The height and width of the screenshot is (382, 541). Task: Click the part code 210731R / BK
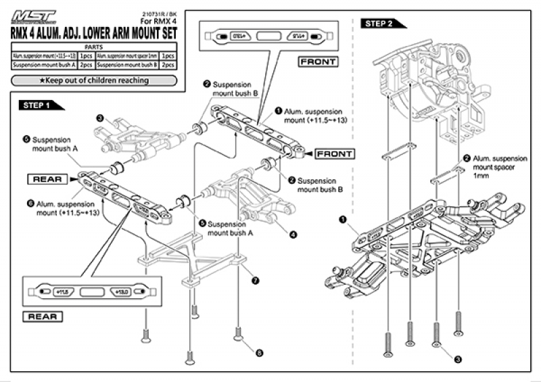tap(161, 14)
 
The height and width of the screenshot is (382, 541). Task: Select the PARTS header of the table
tap(94, 47)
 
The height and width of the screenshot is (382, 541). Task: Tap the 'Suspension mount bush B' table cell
tap(127, 65)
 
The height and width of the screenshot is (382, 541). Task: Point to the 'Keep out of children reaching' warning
tap(94, 80)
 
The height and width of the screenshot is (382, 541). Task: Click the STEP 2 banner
tap(382, 24)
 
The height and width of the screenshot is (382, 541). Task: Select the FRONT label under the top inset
tap(320, 61)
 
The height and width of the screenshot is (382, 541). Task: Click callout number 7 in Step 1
tap(254, 279)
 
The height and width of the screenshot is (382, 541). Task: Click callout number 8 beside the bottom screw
tap(258, 352)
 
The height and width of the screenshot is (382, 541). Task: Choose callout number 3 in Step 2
tap(458, 360)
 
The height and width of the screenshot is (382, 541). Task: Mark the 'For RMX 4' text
tap(160, 22)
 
